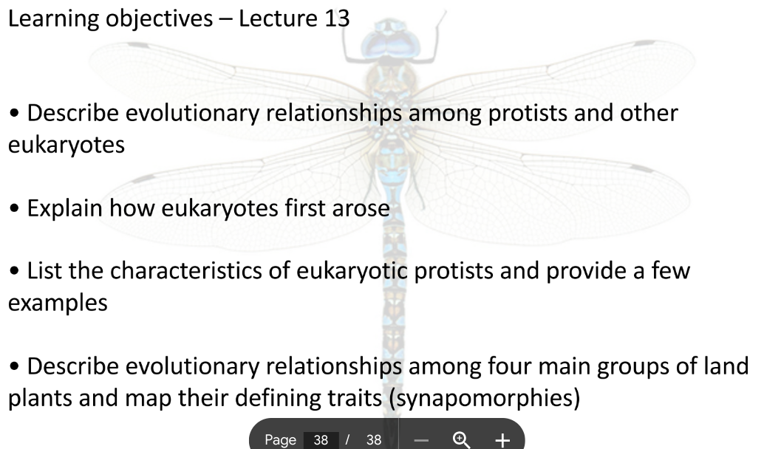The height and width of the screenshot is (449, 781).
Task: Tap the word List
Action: point(43,271)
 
